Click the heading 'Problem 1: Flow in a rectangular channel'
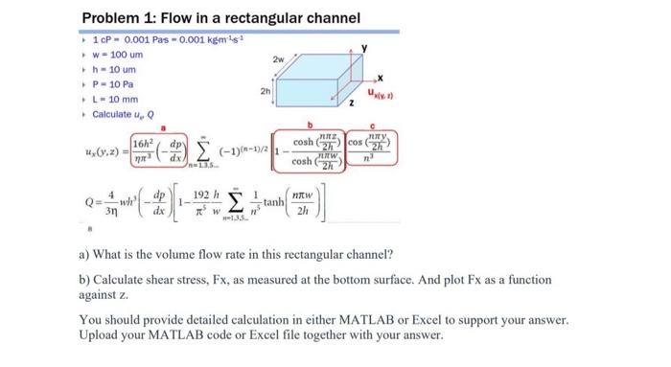click(220, 18)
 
